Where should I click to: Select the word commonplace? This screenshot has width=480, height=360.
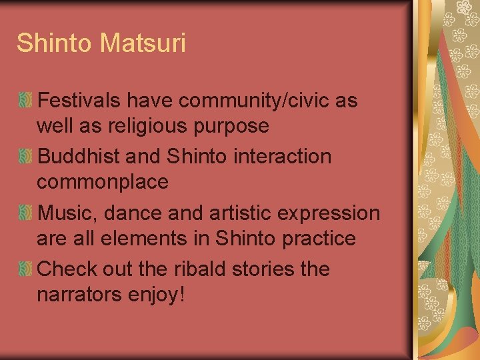point(103,181)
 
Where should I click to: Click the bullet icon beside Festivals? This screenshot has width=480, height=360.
point(25,101)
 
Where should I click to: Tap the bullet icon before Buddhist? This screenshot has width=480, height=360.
point(25,157)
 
